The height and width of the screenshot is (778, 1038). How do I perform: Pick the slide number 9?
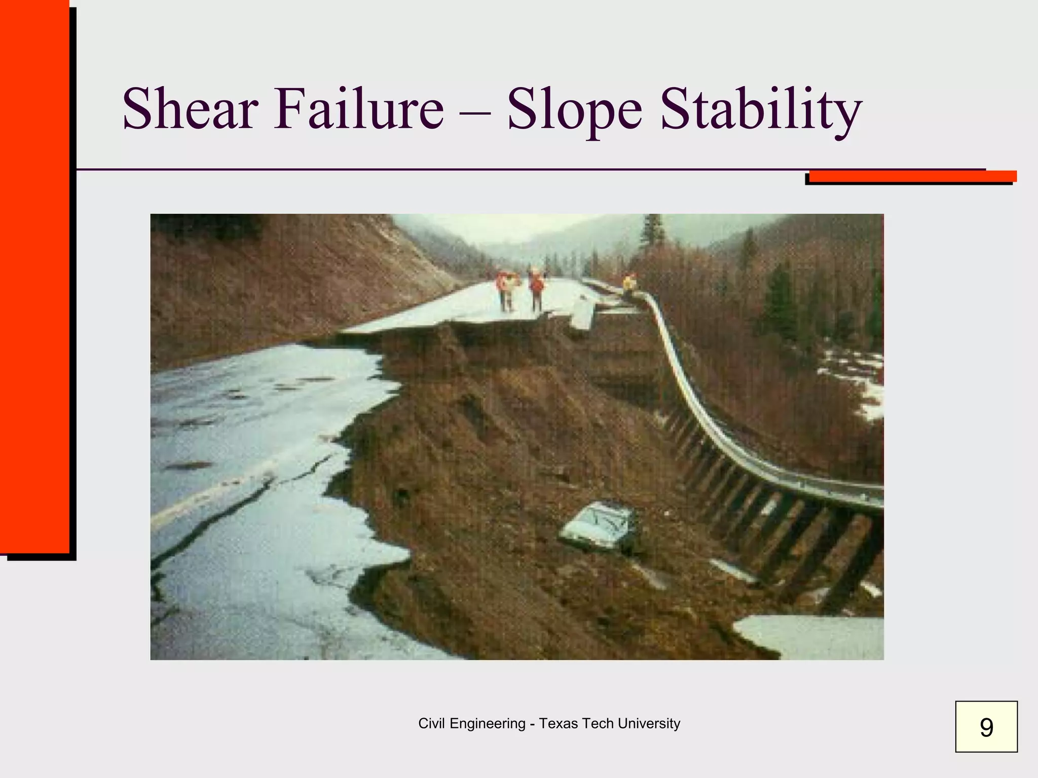click(986, 727)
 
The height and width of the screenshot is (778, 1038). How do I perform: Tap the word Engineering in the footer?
click(487, 724)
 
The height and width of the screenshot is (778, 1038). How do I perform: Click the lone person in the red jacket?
click(536, 291)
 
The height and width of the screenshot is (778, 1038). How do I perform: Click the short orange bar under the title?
click(912, 176)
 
